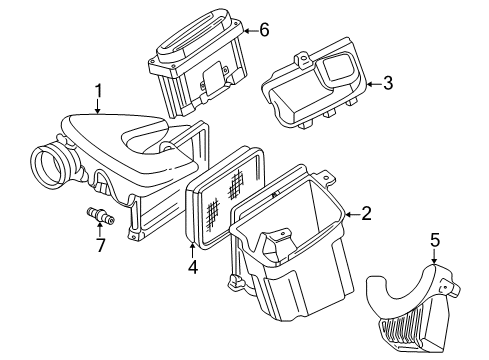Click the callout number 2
(x=366, y=213)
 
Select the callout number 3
(x=388, y=84)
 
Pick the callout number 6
(x=264, y=30)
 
